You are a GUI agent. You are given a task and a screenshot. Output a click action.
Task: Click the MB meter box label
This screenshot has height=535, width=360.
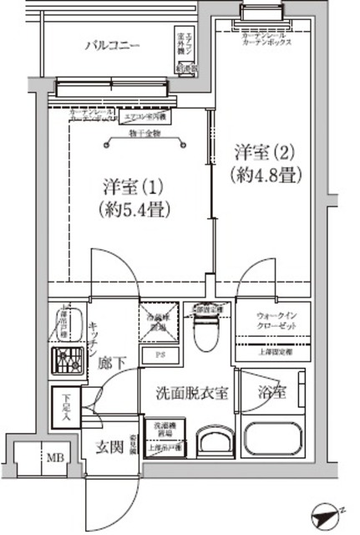[x=53, y=457]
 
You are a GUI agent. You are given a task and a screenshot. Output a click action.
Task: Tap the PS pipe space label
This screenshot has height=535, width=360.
[x=159, y=354]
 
